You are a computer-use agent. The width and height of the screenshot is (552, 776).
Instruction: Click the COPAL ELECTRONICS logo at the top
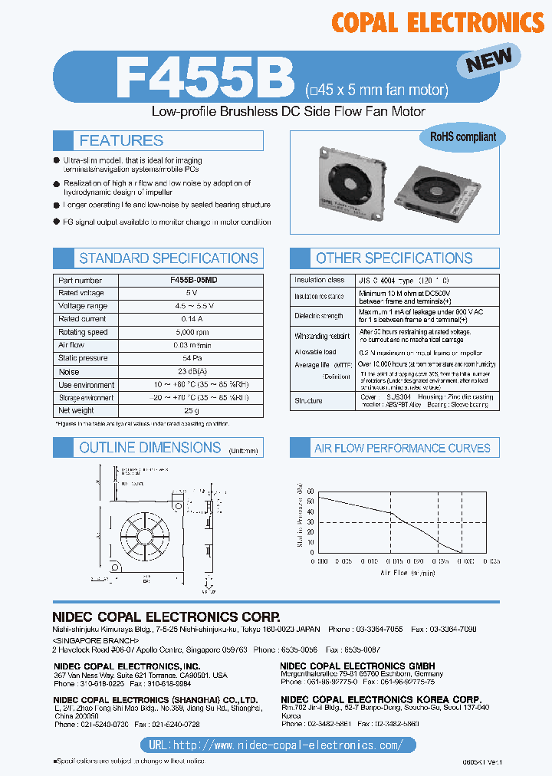tap(437, 22)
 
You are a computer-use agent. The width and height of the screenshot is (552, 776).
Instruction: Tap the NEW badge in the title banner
tap(489, 60)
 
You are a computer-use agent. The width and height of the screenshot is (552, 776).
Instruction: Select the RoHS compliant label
tap(462, 137)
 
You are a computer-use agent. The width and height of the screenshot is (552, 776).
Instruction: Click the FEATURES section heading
tap(121, 140)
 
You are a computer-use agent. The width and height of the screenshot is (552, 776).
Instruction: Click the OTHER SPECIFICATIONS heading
tap(394, 258)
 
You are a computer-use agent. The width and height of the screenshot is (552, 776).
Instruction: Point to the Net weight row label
tap(77, 410)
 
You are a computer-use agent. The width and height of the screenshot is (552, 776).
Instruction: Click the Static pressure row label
tap(80, 358)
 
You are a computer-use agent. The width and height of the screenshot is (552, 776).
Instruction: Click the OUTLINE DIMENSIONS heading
tap(149, 448)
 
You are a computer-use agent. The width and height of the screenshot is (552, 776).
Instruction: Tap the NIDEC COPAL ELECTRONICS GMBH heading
tap(357, 666)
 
